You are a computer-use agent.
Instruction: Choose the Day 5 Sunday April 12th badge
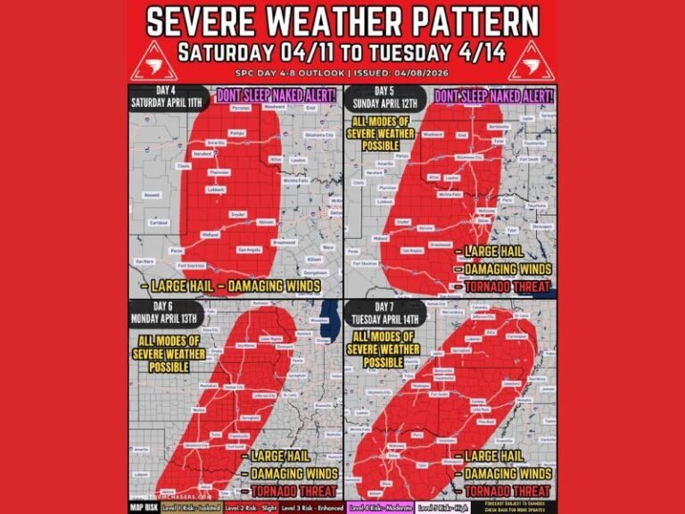point(385,97)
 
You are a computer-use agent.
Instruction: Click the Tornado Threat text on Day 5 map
point(504,286)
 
